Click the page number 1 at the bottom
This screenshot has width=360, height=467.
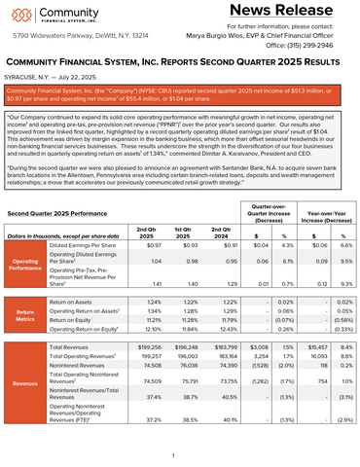pyautogui.click(x=172, y=454)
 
